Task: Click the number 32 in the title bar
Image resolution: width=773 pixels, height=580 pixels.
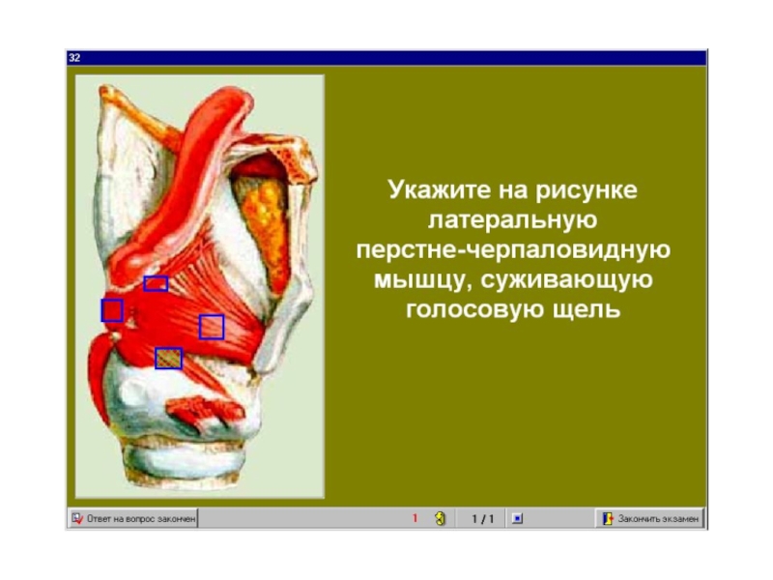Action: (x=74, y=58)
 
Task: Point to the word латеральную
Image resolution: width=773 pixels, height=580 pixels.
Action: (x=513, y=220)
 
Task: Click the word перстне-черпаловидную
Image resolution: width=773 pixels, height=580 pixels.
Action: (x=513, y=250)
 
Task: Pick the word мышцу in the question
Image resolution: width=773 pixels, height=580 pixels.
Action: (x=422, y=279)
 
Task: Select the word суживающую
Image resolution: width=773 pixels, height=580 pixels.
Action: (x=566, y=279)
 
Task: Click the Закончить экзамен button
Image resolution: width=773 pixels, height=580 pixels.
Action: (x=649, y=519)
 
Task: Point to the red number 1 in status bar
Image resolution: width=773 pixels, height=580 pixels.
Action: (x=415, y=518)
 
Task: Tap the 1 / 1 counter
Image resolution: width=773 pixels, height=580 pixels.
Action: (x=482, y=519)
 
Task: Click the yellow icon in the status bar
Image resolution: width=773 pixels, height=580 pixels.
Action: (x=441, y=518)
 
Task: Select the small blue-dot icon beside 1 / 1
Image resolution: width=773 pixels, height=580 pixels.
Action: (x=517, y=519)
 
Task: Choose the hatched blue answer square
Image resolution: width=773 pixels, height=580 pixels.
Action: (x=168, y=359)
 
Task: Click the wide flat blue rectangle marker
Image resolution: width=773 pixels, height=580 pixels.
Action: (x=156, y=283)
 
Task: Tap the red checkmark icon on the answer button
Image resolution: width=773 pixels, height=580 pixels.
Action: (x=77, y=518)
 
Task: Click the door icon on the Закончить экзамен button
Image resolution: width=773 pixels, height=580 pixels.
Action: (x=608, y=519)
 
